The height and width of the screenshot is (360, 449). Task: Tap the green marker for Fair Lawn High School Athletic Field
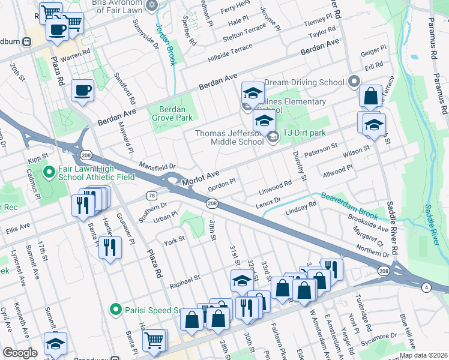[50, 174]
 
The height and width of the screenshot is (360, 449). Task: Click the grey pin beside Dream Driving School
[354, 81]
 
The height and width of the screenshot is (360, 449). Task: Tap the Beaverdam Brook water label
[349, 205]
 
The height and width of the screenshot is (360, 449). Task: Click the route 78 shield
[152, 196]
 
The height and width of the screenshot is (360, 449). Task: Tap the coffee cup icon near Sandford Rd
[82, 91]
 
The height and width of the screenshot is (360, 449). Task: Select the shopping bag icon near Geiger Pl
[370, 95]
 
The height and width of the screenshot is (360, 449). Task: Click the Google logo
[20, 353]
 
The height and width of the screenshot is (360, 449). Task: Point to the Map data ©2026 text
[423, 355]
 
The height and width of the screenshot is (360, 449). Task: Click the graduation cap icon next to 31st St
[242, 280]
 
